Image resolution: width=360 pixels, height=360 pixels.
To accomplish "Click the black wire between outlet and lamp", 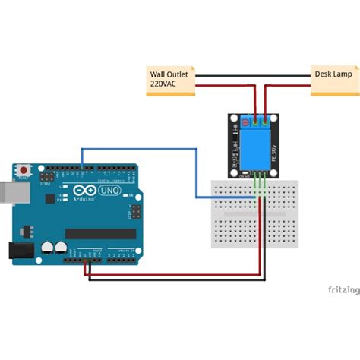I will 254,75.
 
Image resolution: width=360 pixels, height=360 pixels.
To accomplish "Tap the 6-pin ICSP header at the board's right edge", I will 135,210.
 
